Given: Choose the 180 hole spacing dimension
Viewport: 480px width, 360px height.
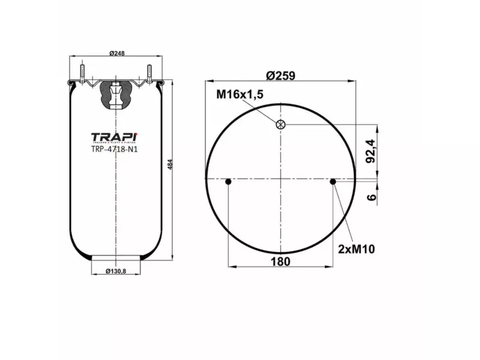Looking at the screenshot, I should tap(280, 261).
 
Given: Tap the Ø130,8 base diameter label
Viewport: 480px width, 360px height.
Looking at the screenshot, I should tap(116, 272).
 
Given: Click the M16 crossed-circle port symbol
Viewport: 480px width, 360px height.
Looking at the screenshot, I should tap(280, 124).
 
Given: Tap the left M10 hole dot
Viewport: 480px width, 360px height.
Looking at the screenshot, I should tap(228, 181).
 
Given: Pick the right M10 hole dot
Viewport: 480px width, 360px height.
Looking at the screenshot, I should tap(333, 181).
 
